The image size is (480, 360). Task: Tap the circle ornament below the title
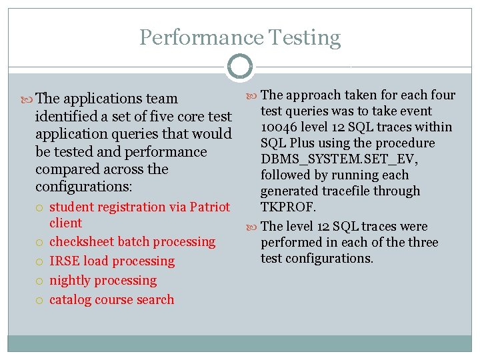[240, 67]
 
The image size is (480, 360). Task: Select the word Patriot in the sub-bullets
[209, 207]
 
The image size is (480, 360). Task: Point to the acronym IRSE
[65, 261]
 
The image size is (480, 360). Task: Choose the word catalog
[71, 299]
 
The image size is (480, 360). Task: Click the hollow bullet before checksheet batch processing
[41, 242]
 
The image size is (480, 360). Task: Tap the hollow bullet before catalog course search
[41, 300]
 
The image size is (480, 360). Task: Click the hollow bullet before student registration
[41, 207]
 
